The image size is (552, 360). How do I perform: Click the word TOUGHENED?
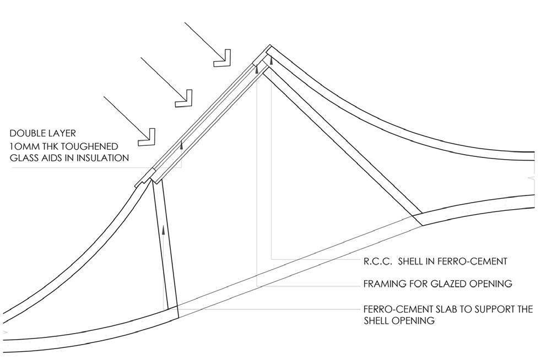90,146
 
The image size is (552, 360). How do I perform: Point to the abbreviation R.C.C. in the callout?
377,261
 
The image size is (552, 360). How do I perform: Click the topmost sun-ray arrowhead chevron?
223,58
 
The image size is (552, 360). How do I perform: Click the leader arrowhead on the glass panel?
180,145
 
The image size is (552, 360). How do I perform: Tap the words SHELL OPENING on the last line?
399,320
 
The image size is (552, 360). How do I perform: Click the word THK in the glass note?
47,146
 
